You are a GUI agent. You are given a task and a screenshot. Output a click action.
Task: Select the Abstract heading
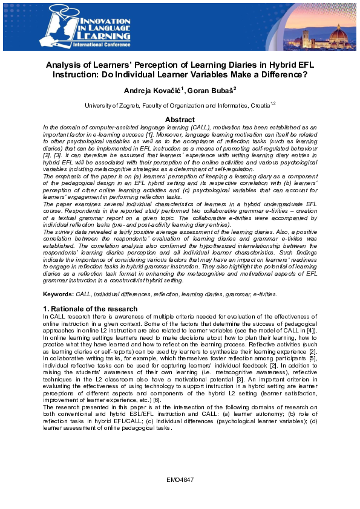[180, 120]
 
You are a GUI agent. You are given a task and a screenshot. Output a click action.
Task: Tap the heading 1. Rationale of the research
[91, 309]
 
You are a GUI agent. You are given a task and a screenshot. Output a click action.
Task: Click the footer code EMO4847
[180, 479]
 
